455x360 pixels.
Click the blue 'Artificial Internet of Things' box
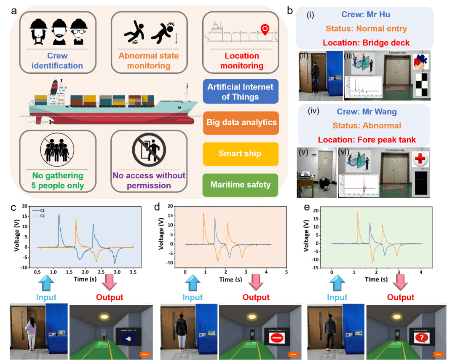pos(240,92)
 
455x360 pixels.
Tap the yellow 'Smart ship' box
pos(240,153)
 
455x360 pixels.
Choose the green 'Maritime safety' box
pos(240,185)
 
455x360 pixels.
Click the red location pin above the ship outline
pos(265,29)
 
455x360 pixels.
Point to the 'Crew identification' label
pos(57,61)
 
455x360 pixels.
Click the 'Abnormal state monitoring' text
pos(148,61)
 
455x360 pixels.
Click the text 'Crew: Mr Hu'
pos(365,15)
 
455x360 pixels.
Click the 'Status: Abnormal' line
pos(364,126)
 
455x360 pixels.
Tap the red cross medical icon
pos(420,159)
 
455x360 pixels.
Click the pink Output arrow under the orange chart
pos(256,282)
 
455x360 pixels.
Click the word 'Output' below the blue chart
pos(110,297)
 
